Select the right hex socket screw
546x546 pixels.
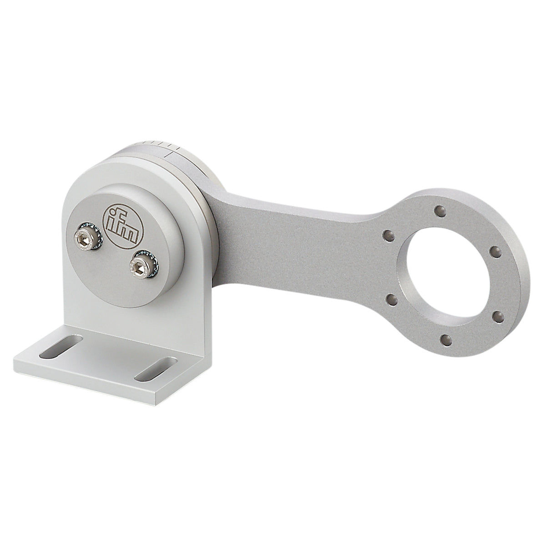pyautogui.click(x=139, y=265)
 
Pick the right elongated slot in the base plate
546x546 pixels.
pyautogui.click(x=156, y=369)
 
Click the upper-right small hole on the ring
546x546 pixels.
pyautogui.click(x=497, y=250)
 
